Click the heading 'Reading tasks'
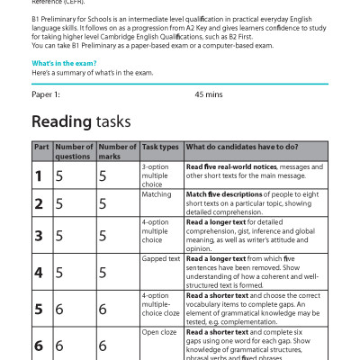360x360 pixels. tap(81, 121)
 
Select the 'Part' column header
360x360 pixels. tap(41, 146)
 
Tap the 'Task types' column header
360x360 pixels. tap(159, 146)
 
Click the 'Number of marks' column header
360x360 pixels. tap(117, 150)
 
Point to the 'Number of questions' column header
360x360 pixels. tap(74, 150)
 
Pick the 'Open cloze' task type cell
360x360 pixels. tap(160, 332)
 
